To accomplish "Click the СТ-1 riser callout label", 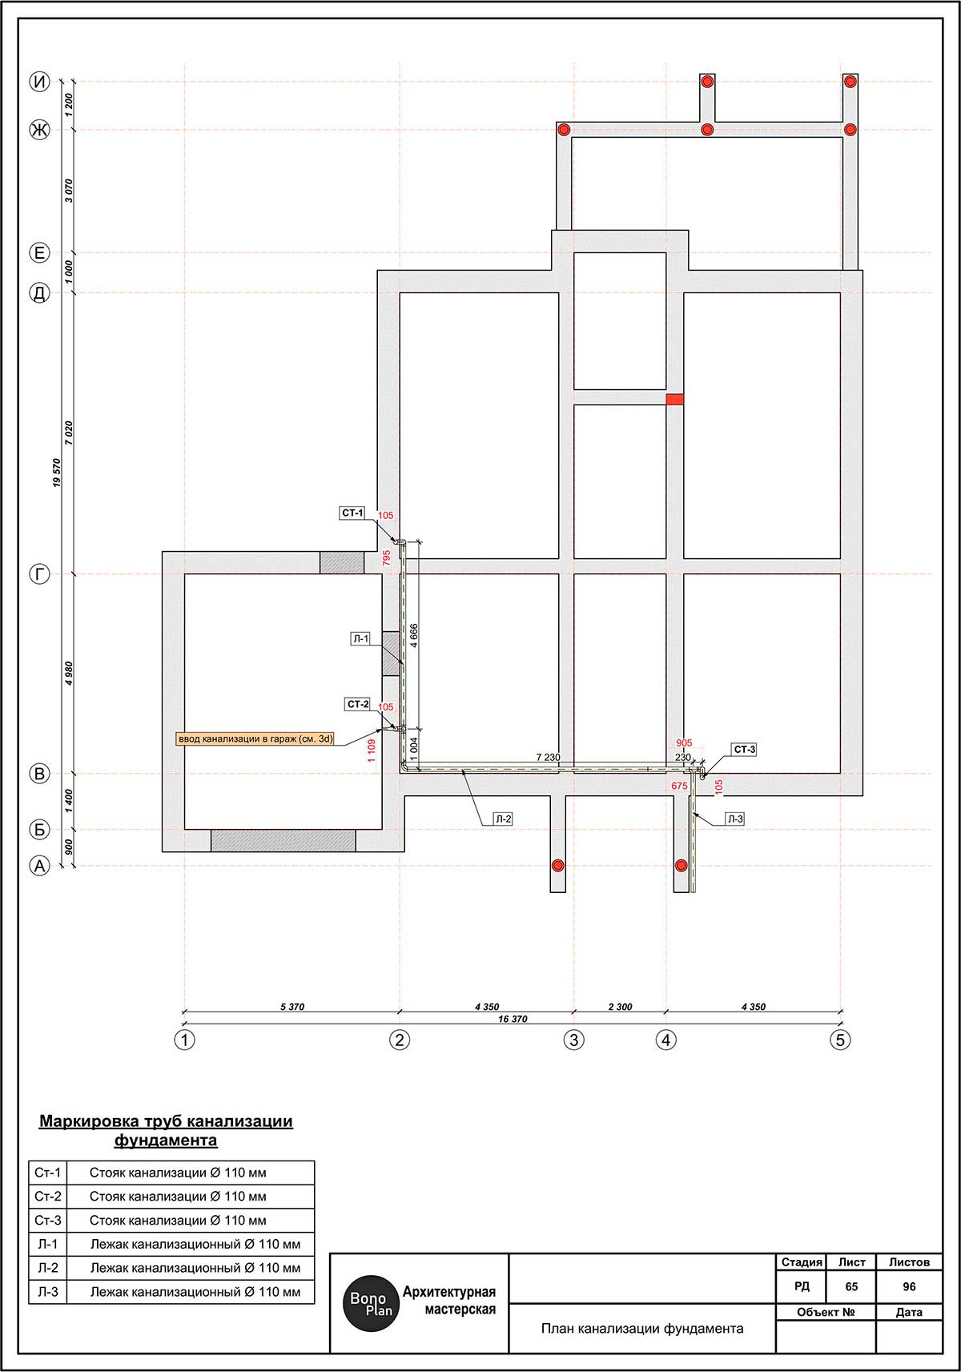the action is pyautogui.click(x=352, y=513).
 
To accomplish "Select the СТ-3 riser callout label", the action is pyautogui.click(x=744, y=749).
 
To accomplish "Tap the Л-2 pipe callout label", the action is pyautogui.click(x=503, y=819).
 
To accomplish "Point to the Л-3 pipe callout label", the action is pyautogui.click(x=735, y=819).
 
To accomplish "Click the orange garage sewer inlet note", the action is pyautogui.click(x=255, y=738).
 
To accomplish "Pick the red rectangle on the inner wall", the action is pyautogui.click(x=675, y=400).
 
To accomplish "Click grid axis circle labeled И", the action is pyautogui.click(x=40, y=82).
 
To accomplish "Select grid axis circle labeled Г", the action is pyautogui.click(x=40, y=574).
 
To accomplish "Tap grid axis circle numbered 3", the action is pyautogui.click(x=574, y=1040).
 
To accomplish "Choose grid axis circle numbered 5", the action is pyautogui.click(x=840, y=1040).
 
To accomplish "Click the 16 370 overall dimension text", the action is pyautogui.click(x=513, y=1020).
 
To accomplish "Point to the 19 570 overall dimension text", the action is pyautogui.click(x=57, y=473).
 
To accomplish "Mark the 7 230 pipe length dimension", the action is pyautogui.click(x=549, y=757).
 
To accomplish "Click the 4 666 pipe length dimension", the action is pyautogui.click(x=414, y=636).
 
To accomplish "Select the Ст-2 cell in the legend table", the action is pyautogui.click(x=48, y=1197).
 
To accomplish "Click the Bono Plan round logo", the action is pyautogui.click(x=371, y=1303).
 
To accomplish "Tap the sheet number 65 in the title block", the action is pyautogui.click(x=851, y=1286).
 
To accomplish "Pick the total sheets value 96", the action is pyautogui.click(x=909, y=1286).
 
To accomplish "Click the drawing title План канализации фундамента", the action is pyautogui.click(x=642, y=1328).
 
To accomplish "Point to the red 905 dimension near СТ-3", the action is pyautogui.click(x=684, y=743).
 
